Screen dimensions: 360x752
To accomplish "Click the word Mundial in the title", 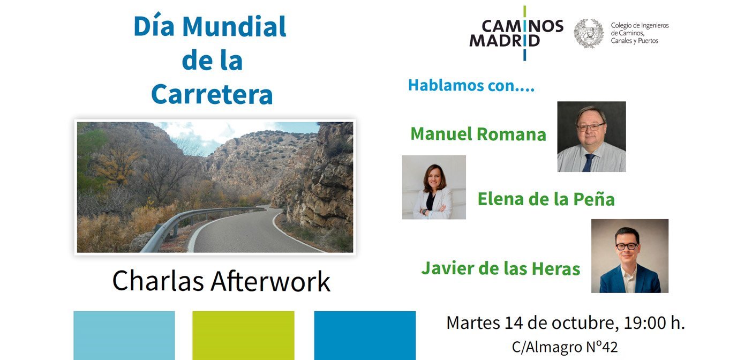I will pyautogui.click(x=234, y=27).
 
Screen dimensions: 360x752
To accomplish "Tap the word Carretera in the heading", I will pyautogui.click(x=212, y=94).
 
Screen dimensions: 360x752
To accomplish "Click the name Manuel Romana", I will pyautogui.click(x=478, y=134).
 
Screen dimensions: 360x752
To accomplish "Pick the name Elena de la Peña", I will pyautogui.click(x=546, y=199).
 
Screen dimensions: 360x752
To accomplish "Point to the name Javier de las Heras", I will pyautogui.click(x=500, y=268).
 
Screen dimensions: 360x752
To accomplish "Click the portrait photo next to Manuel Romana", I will pyautogui.click(x=591, y=137).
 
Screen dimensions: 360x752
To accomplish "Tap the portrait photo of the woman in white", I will pyautogui.click(x=434, y=187).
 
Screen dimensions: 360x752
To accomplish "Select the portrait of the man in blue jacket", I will pyautogui.click(x=629, y=256).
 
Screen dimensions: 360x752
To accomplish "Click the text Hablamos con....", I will pyautogui.click(x=471, y=85).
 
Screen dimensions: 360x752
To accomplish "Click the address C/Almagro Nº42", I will pyautogui.click(x=565, y=347).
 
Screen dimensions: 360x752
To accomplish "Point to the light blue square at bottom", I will pyautogui.click(x=124, y=335).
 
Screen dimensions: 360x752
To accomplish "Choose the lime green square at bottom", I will pyautogui.click(x=243, y=335).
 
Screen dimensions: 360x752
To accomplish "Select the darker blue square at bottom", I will pyautogui.click(x=365, y=335).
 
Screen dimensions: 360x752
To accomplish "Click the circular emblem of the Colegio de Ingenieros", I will pyautogui.click(x=589, y=33).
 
